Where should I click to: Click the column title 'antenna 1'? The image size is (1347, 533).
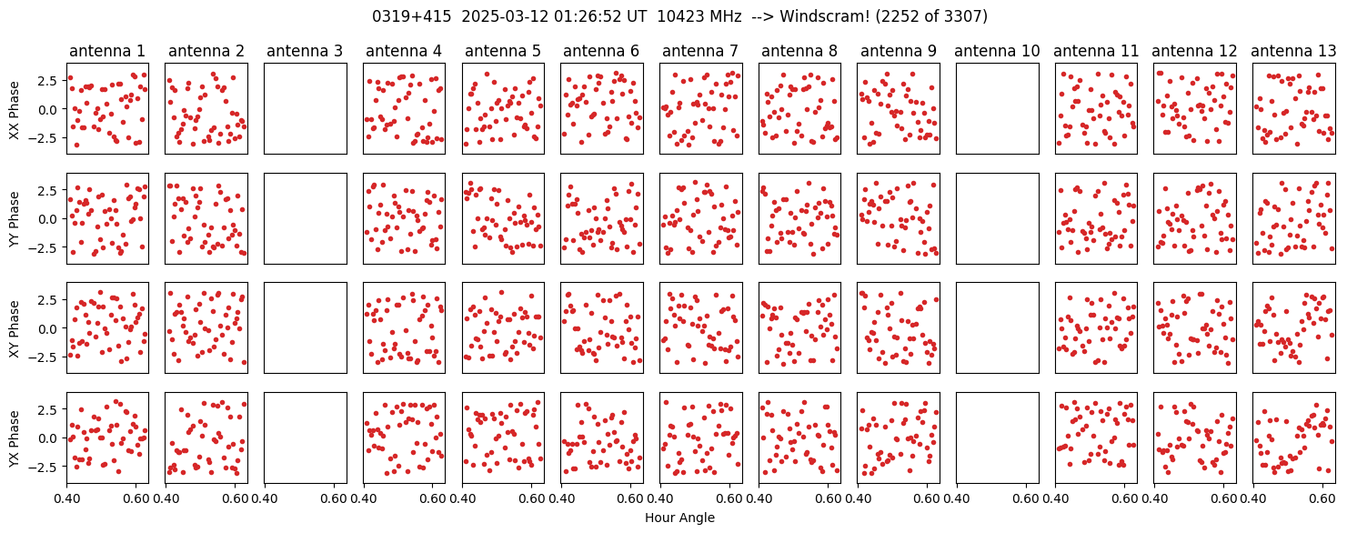pyautogui.click(x=107, y=51)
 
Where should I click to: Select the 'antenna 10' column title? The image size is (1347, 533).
pyautogui.click(x=997, y=51)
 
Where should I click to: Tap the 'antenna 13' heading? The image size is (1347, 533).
pyautogui.click(x=1293, y=51)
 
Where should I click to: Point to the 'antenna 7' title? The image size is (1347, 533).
pyautogui.click(x=700, y=51)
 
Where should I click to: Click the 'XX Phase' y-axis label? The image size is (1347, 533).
pyautogui.click(x=15, y=110)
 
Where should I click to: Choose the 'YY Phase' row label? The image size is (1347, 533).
pyautogui.click(x=15, y=219)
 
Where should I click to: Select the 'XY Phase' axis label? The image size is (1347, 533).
pyautogui.click(x=15, y=328)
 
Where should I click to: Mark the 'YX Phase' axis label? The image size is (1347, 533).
pyautogui.click(x=15, y=437)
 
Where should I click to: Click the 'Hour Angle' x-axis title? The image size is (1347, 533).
pyautogui.click(x=679, y=518)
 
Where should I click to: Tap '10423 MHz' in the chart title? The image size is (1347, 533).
pyautogui.click(x=699, y=16)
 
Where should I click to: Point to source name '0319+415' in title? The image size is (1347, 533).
pyautogui.click(x=411, y=16)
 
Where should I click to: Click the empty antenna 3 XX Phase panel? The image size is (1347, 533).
pyautogui.click(x=306, y=109)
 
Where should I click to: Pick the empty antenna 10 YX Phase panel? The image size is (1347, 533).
pyautogui.click(x=998, y=437)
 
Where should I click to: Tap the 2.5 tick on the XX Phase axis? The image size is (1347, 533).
pyautogui.click(x=51, y=81)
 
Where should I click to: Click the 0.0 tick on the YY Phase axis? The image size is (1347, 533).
pyautogui.click(x=51, y=219)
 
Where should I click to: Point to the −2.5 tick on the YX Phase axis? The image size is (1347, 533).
pyautogui.click(x=47, y=467)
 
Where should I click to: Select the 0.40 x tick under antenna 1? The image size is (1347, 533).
pyautogui.click(x=66, y=498)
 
